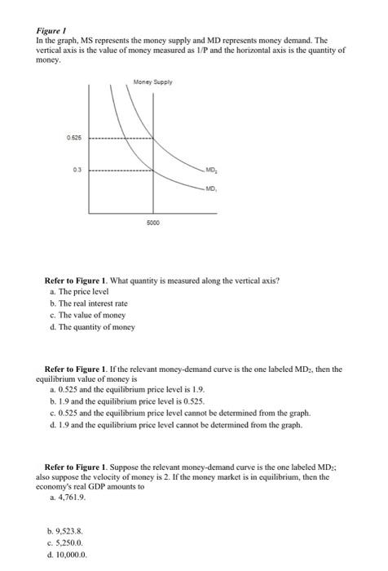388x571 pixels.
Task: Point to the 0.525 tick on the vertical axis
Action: [x=73, y=138]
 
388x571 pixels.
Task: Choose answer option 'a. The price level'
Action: [x=80, y=291]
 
